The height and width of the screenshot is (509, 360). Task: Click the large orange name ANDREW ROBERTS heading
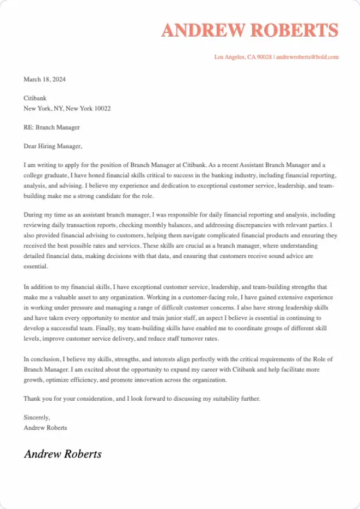(x=250, y=31)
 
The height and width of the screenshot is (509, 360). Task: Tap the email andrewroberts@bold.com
(x=307, y=57)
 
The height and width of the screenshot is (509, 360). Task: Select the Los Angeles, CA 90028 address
(x=243, y=57)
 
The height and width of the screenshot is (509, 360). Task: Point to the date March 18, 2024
(x=44, y=79)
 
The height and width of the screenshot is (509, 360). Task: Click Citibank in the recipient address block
(x=36, y=98)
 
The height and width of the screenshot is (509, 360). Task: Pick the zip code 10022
(x=102, y=108)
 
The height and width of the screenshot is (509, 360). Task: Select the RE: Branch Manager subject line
(x=51, y=127)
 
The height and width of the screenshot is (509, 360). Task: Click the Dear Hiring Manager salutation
(x=53, y=146)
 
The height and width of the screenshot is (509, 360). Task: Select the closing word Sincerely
(x=37, y=418)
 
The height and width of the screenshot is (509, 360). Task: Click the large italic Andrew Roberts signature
(x=62, y=454)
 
